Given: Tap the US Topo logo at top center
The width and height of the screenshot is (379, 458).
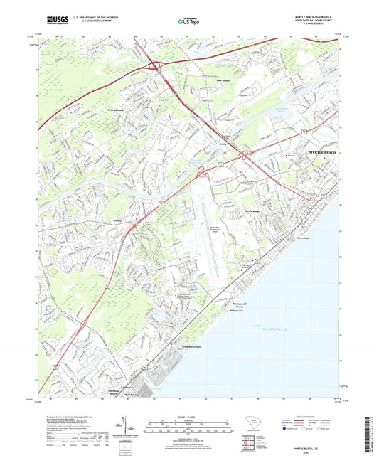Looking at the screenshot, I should point(188,21).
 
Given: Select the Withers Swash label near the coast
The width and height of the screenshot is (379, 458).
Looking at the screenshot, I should point(282,238).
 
